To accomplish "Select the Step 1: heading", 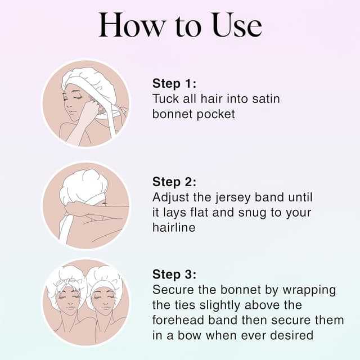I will [174, 84].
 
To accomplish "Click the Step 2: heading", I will [174, 182].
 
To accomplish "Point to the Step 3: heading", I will [174, 274].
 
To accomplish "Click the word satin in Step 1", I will [263, 99].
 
